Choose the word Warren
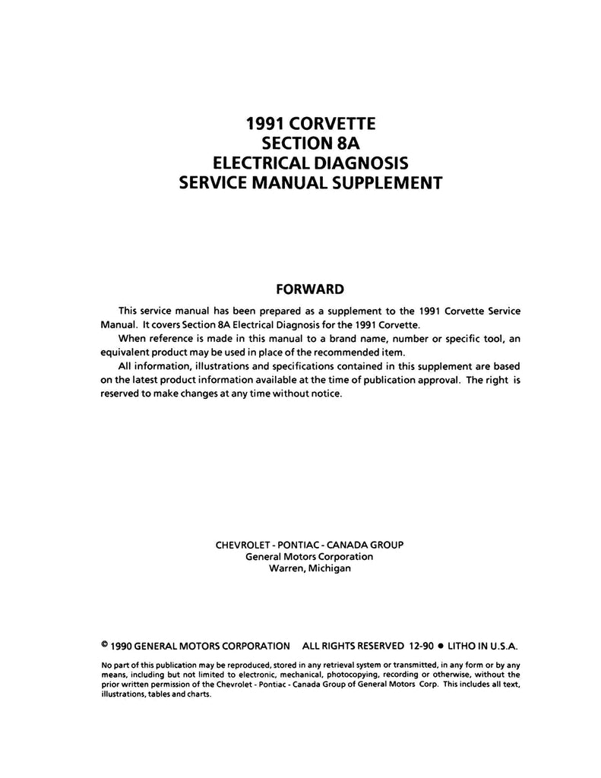point(286,568)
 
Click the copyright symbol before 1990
point(104,644)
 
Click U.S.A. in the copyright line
point(500,646)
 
